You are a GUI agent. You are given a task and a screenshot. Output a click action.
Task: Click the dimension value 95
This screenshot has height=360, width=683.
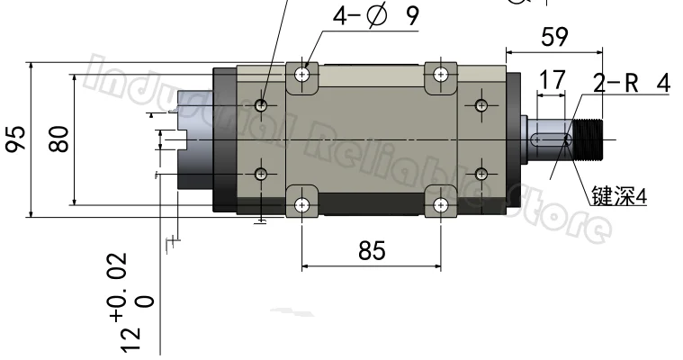(x=15, y=139)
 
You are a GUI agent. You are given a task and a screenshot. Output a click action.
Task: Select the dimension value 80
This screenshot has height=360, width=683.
(x=59, y=139)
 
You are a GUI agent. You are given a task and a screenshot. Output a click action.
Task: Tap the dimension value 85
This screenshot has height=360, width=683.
(x=372, y=251)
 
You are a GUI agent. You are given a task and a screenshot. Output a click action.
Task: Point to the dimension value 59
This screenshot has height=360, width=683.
(x=554, y=37)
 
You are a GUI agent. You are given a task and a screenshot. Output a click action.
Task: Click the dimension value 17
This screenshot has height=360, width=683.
(x=552, y=80)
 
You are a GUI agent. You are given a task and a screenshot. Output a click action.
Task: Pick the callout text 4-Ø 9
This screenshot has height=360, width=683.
(x=375, y=16)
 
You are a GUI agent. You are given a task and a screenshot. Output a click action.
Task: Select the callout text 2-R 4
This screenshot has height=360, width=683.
(x=632, y=83)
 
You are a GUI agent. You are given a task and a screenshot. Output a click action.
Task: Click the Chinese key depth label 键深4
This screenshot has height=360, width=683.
(x=619, y=196)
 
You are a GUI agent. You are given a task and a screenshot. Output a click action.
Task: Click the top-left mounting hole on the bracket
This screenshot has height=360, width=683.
(x=301, y=75)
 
